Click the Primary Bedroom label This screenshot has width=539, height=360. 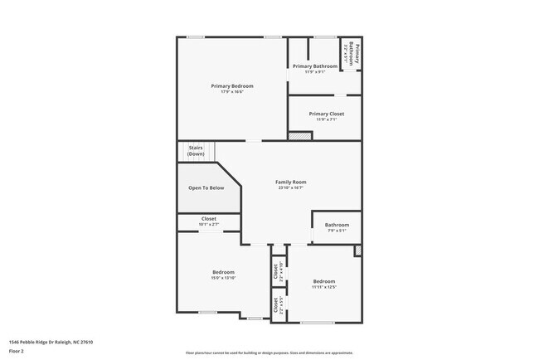231,85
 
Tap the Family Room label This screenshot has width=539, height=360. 291,182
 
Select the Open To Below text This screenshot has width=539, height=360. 206,188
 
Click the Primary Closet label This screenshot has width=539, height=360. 326,114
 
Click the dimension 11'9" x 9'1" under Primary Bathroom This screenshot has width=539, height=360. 314,72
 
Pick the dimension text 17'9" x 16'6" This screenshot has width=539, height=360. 231,92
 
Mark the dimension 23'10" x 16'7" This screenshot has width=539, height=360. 291,188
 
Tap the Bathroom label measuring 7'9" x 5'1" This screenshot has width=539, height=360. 337,224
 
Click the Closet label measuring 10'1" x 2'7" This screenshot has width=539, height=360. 209,219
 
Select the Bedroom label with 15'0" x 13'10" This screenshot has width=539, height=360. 223,271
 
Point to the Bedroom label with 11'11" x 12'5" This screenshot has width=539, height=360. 323,280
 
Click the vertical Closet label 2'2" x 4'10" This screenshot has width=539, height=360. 275,270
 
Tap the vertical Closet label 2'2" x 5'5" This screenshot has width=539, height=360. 275,306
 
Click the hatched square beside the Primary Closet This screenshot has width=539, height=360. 295,134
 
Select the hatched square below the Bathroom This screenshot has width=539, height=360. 357,250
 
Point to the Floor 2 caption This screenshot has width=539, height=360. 17,351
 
